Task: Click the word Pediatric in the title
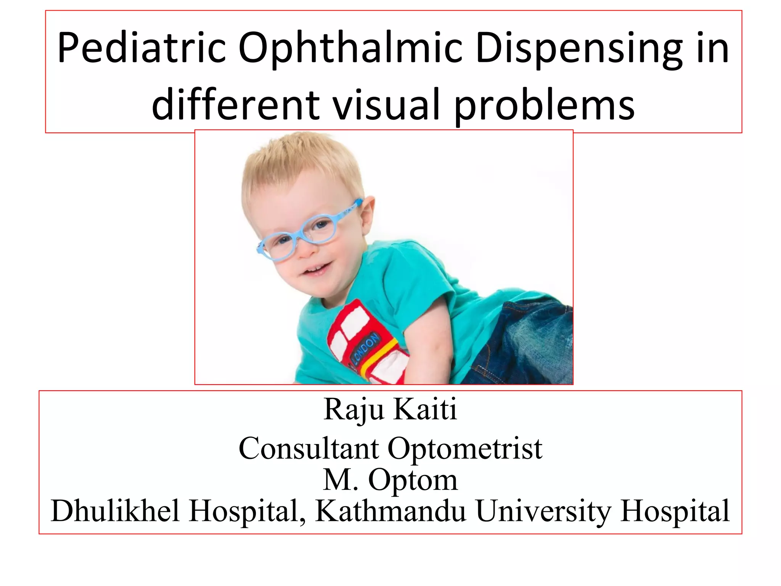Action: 141,48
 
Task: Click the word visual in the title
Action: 386,104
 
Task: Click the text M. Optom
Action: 390,480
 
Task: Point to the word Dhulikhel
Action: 115,511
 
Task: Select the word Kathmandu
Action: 390,511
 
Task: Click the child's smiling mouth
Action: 317,270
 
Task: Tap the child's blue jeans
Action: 526,343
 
